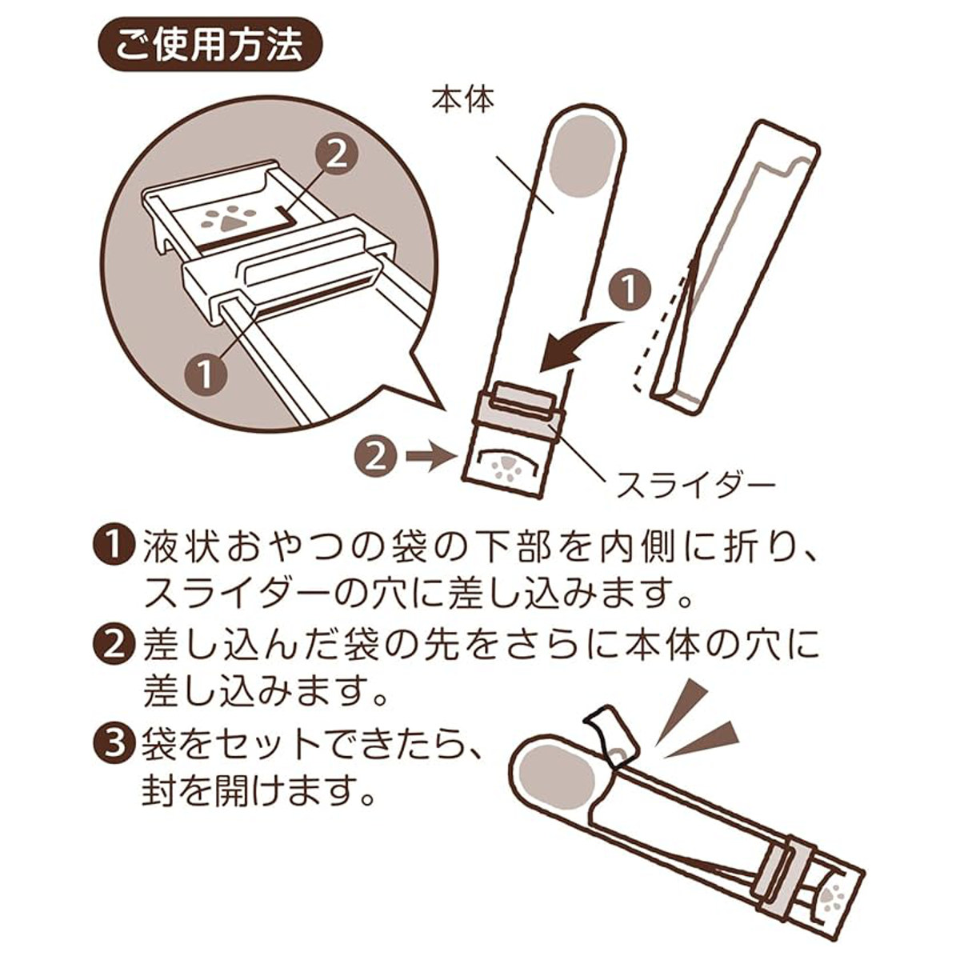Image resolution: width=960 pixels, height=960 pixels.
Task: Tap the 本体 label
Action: (463, 101)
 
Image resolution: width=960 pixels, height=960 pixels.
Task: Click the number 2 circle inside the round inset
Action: (337, 158)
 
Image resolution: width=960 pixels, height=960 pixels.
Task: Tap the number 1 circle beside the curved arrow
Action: (630, 290)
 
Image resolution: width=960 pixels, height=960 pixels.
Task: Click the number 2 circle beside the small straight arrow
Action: (377, 458)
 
